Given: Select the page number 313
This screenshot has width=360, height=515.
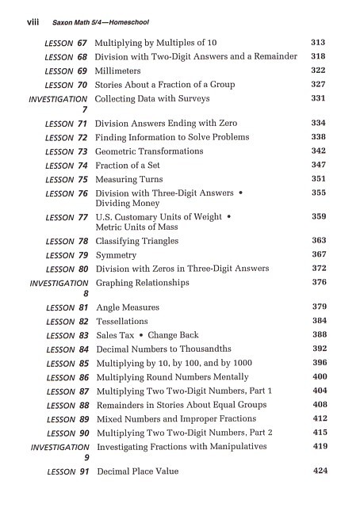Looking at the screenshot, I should (319, 42).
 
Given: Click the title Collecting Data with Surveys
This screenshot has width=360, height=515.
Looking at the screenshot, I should (152, 99).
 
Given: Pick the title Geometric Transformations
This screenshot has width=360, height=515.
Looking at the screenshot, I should (149, 151).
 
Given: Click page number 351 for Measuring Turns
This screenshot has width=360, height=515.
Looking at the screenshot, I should (319, 179).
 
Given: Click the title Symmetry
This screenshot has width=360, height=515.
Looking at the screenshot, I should (117, 255).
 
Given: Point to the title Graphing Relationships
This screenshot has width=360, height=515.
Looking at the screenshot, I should (143, 283).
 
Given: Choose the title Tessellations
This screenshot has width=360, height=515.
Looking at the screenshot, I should (122, 322).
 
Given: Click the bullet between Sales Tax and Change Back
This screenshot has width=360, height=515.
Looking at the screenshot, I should (142, 335).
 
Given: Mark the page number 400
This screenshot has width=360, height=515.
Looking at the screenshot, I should (320, 377).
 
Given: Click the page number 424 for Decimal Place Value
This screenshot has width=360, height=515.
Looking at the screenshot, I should (320, 471).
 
